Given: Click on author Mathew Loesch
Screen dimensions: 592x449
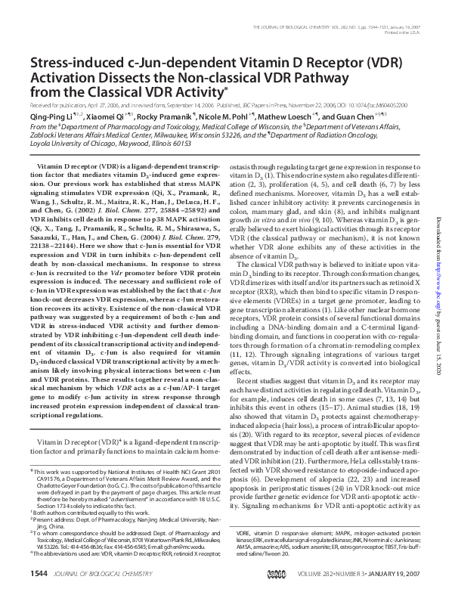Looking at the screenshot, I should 287,117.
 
